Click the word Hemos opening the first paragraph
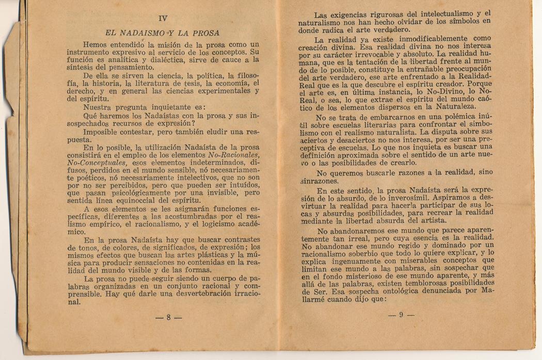tap(97, 45)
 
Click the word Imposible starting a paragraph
tap(103, 132)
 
